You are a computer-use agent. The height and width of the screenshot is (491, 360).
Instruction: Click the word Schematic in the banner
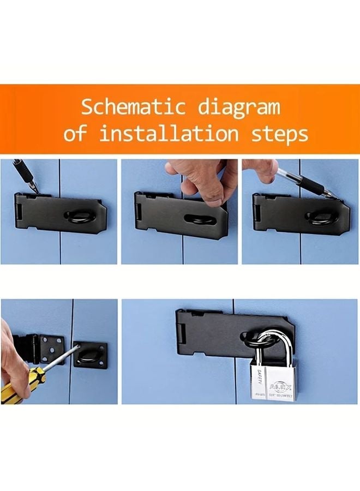[134, 107]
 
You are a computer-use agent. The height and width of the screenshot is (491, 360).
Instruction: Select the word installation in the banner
[169, 133]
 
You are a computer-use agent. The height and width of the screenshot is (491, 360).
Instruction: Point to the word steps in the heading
[277, 134]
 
